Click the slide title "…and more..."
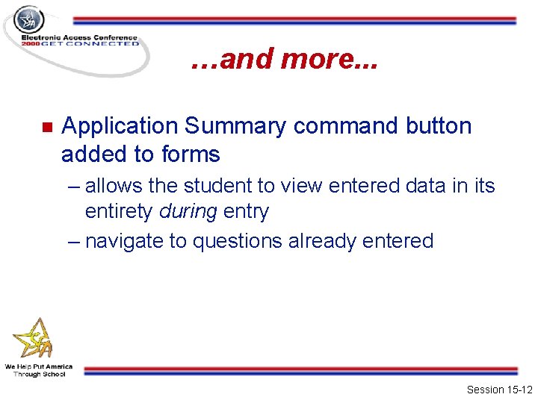(x=284, y=60)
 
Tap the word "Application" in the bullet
(x=120, y=126)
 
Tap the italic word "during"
(x=188, y=211)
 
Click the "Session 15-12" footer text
(x=499, y=390)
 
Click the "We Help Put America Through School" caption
(x=39, y=370)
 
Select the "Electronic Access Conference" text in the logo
(x=79, y=37)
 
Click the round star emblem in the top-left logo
(x=29, y=20)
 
